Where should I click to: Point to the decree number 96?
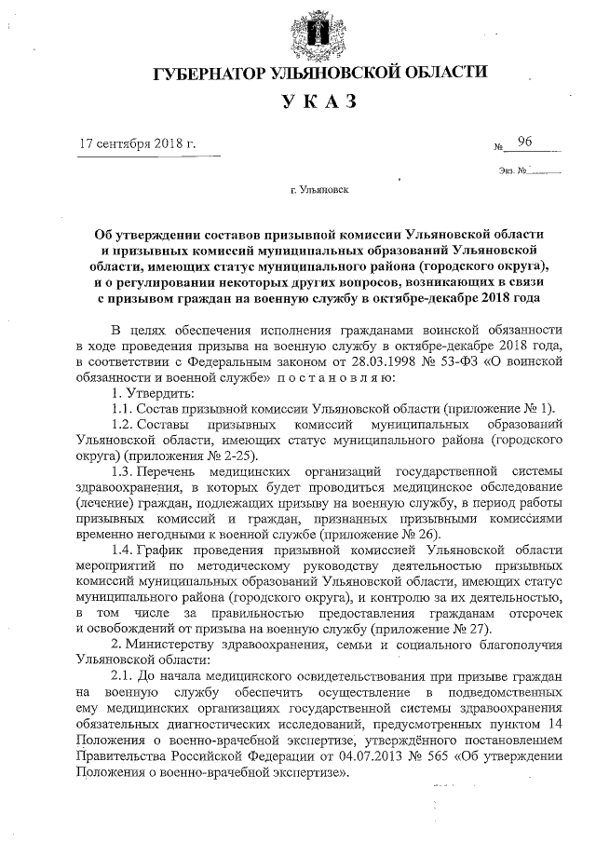click(x=526, y=142)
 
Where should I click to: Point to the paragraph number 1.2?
click(x=124, y=424)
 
